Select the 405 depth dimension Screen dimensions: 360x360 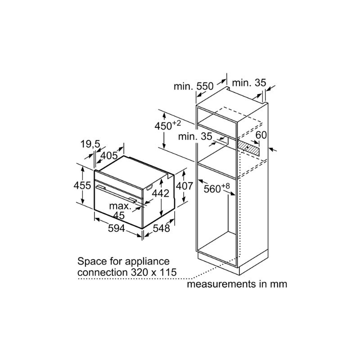tap(108, 156)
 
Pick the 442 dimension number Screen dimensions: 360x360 tap(160, 193)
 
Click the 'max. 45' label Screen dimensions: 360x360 tap(121, 211)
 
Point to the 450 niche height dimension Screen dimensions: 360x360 tap(167, 126)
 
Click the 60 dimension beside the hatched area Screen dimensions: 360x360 tap(261, 135)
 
